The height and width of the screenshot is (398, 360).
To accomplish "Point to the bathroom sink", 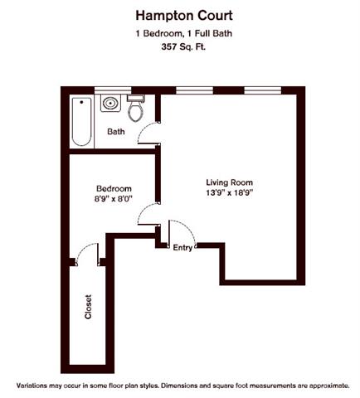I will (109, 104).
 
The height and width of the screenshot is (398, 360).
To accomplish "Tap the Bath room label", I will (116, 131).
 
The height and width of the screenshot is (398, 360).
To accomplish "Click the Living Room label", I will (229, 182).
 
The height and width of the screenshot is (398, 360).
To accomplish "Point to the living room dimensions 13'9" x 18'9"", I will (229, 193).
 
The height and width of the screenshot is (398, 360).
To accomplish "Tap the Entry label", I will (182, 248).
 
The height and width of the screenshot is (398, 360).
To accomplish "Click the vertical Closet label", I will (88, 308).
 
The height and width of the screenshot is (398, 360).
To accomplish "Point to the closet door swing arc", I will (86, 251).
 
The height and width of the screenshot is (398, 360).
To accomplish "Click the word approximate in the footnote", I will (322, 387).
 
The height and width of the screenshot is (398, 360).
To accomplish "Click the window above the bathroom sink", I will (109, 89).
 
